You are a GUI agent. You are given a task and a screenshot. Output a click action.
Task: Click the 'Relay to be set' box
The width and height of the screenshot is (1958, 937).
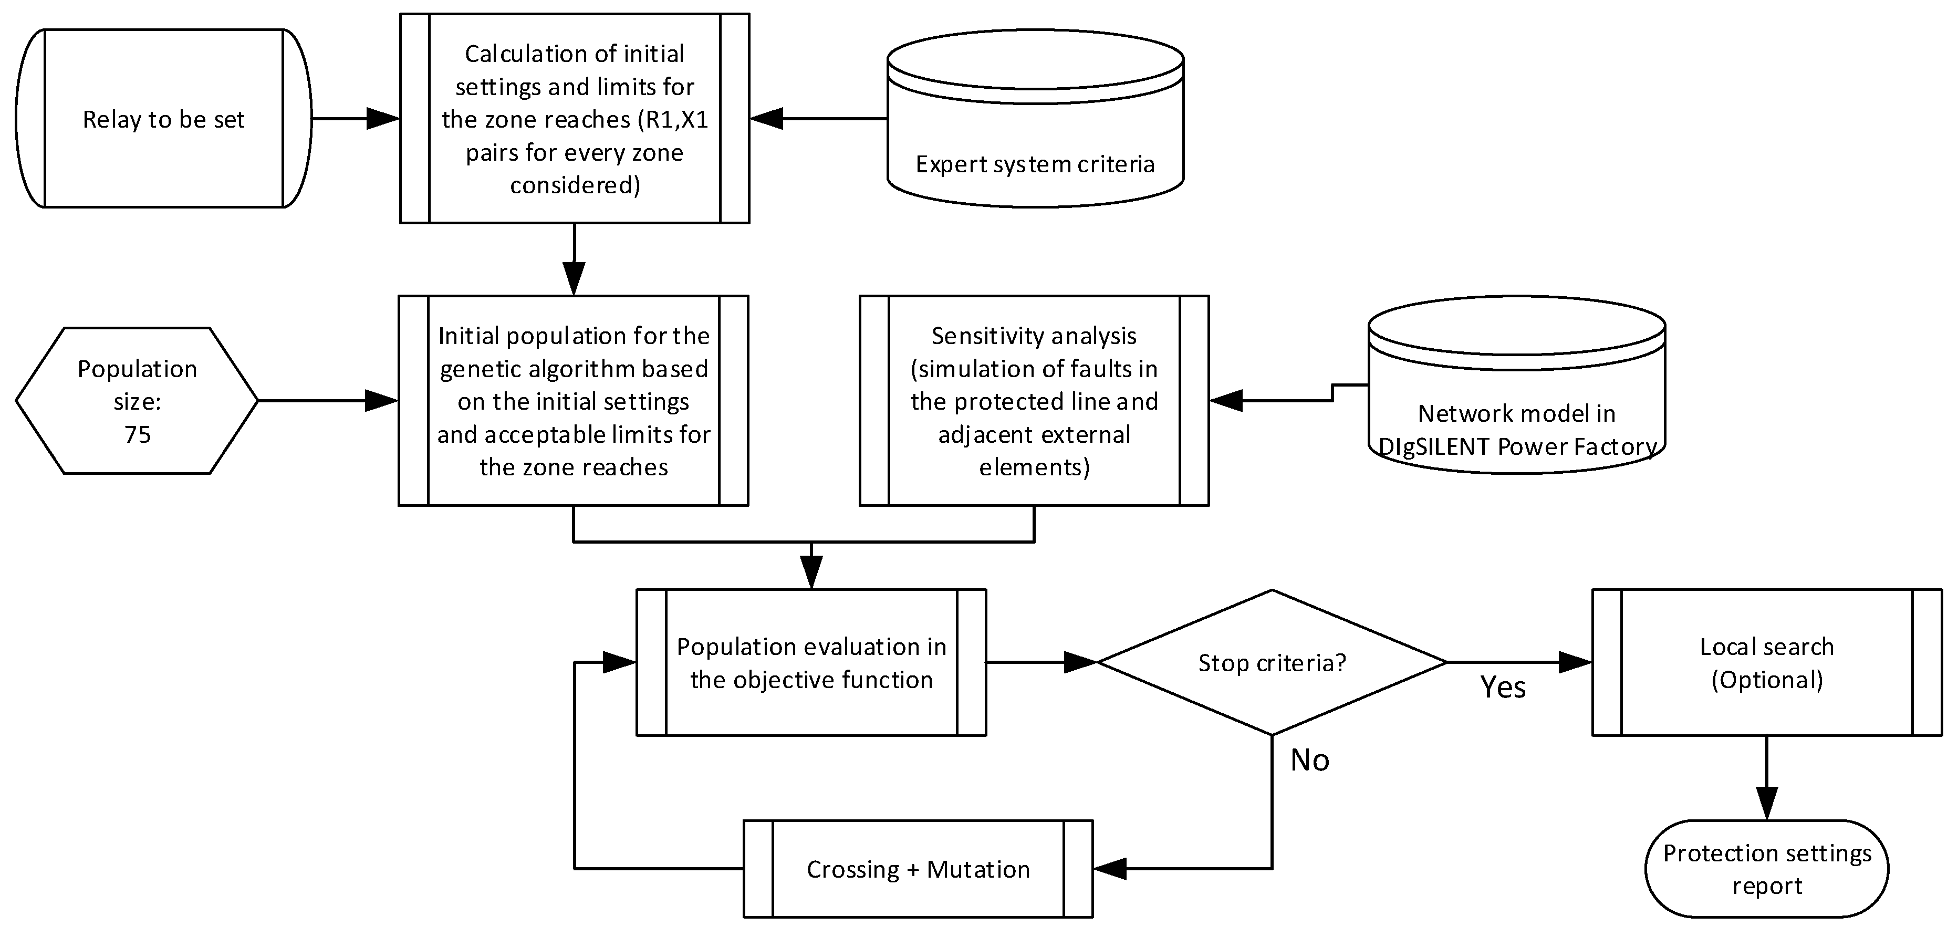click(x=163, y=119)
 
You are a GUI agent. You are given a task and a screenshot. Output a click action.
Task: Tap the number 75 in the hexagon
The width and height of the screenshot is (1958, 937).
click(x=138, y=435)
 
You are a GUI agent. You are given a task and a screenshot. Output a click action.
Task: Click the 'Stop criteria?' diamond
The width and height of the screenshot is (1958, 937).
click(x=1271, y=663)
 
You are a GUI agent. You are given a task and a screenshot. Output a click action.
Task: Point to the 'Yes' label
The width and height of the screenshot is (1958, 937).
click(x=1503, y=687)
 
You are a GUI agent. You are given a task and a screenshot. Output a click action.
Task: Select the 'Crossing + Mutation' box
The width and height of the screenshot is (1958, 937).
click(x=918, y=869)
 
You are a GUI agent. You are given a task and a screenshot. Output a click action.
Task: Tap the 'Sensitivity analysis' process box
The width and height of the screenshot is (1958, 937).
click(x=1034, y=401)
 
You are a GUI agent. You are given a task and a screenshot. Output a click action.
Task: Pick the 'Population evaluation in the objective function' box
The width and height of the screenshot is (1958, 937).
click(x=811, y=663)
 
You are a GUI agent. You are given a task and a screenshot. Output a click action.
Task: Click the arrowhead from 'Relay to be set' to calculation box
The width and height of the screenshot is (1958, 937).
click(x=382, y=119)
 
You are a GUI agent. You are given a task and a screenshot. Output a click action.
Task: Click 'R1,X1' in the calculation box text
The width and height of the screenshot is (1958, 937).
click(x=675, y=119)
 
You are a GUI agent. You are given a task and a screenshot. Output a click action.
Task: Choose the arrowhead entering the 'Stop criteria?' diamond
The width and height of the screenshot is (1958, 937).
click(x=1079, y=663)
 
